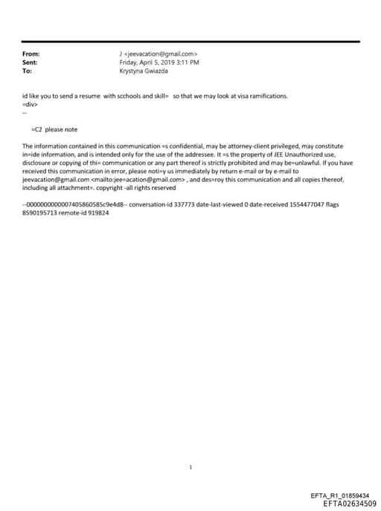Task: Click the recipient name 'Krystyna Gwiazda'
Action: pos(144,71)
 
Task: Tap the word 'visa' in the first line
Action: pos(237,97)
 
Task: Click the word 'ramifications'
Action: pos(267,97)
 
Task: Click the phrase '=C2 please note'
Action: pos(53,129)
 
